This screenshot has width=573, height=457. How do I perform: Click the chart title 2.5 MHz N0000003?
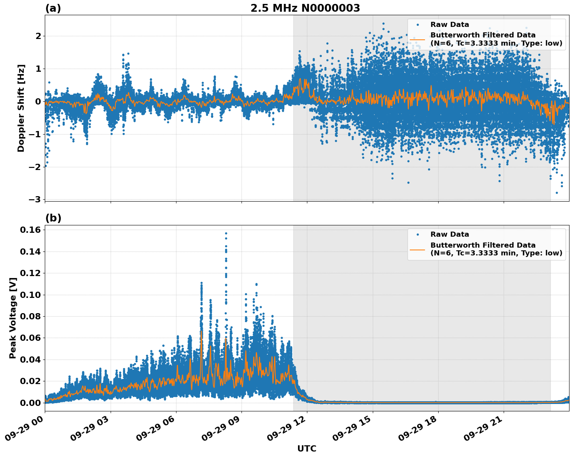305,8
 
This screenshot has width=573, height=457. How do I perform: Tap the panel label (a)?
53,8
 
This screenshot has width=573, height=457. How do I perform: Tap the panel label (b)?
53,218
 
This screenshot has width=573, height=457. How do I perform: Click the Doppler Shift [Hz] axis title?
21,108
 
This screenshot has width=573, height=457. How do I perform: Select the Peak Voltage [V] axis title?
13,318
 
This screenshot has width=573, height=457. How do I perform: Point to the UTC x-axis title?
307,448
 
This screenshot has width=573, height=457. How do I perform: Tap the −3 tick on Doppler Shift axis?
34,200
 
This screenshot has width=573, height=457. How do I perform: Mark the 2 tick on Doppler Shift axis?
38,36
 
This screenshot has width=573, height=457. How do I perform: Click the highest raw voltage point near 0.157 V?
226,233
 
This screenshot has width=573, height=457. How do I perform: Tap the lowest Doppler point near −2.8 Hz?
557,193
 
